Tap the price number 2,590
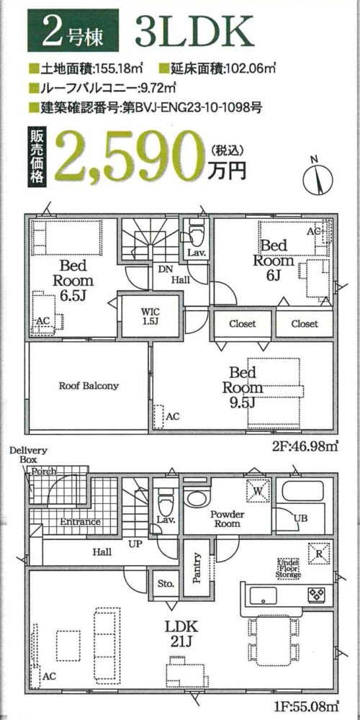tap(129, 156)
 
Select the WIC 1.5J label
tap(150, 315)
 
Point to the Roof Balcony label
tap(88, 386)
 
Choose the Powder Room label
tap(228, 518)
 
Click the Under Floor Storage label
tap(288, 568)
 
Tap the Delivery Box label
tap(29, 454)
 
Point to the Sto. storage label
tap(166, 584)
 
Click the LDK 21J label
tap(182, 634)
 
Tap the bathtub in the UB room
tap(303, 490)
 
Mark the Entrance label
tap(80, 521)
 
